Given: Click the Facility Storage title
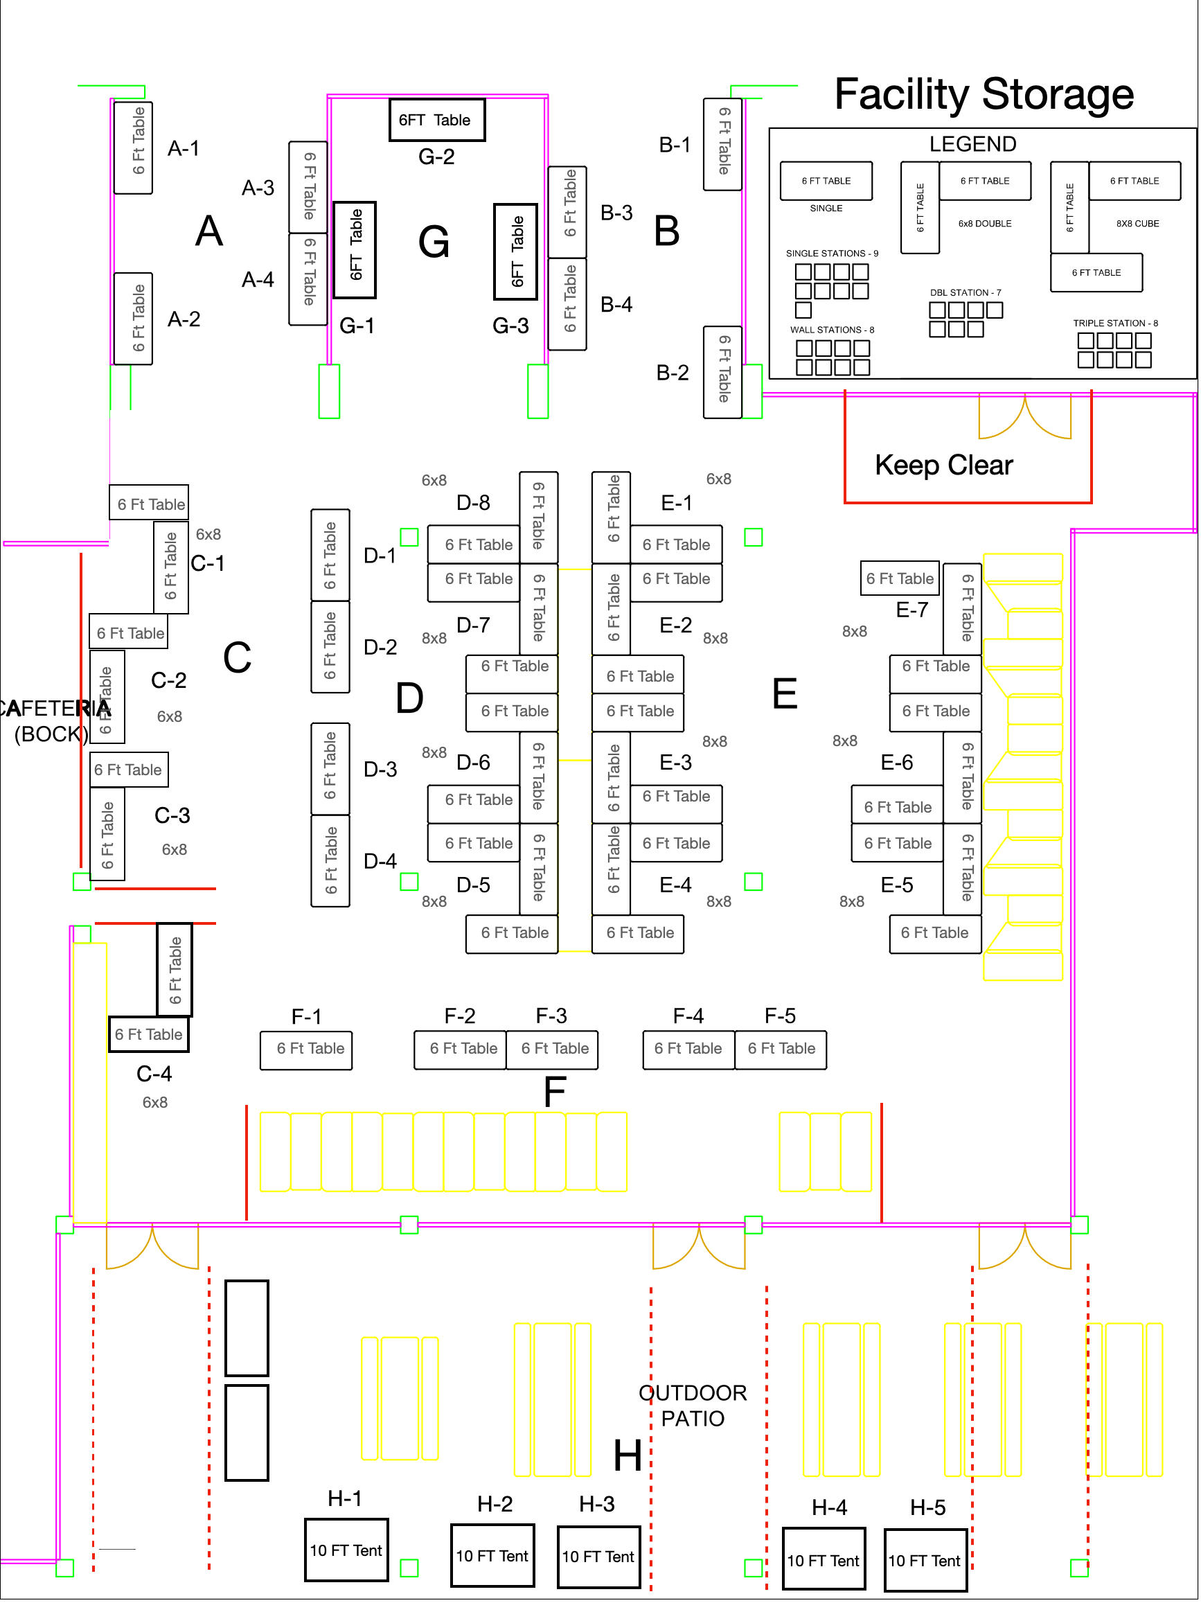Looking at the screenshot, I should pyautogui.click(x=983, y=94).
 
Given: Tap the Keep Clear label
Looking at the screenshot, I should pyautogui.click(x=943, y=465).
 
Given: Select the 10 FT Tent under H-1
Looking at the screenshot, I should pyautogui.click(x=346, y=1550).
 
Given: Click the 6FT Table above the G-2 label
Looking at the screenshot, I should pyautogui.click(x=437, y=120).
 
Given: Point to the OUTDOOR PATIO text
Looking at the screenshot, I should pyautogui.click(x=693, y=1404).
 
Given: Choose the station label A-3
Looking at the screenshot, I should pyautogui.click(x=258, y=188).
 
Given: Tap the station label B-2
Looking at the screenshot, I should pyautogui.click(x=673, y=373).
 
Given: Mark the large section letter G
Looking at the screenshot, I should pyautogui.click(x=434, y=241).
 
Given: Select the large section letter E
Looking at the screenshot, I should pyautogui.click(x=785, y=693).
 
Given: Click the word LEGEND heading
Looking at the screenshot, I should pyautogui.click(x=972, y=143).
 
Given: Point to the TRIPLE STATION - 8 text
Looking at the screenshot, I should pyautogui.click(x=1115, y=324).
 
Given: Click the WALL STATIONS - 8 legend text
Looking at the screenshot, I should pyautogui.click(x=832, y=330).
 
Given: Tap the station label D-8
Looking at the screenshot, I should pyautogui.click(x=473, y=502).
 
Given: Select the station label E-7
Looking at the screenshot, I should pyautogui.click(x=911, y=610).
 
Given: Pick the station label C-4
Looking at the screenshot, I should pyautogui.click(x=154, y=1073).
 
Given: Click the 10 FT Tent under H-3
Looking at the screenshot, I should pyautogui.click(x=598, y=1556).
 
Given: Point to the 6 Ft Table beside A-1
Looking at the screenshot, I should pyautogui.click(x=133, y=148).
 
